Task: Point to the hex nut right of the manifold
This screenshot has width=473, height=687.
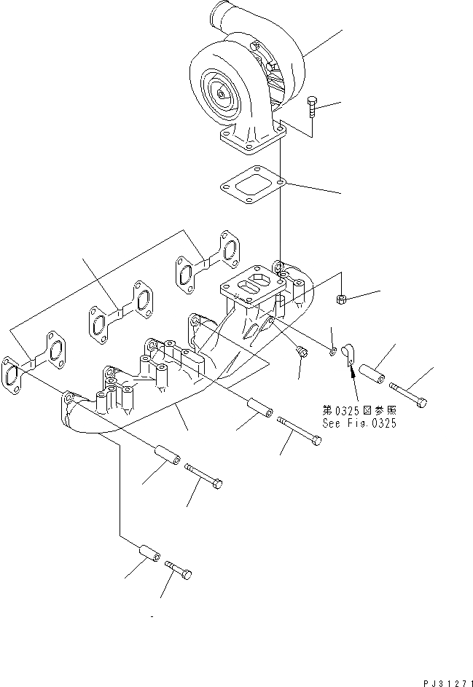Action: coord(341,298)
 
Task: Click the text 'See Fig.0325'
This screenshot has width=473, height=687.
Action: coord(359,423)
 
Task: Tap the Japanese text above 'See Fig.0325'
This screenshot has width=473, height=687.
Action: coord(359,409)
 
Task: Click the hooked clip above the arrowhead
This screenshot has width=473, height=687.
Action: coord(349,353)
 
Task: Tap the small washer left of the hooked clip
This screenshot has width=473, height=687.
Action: coord(332,352)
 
